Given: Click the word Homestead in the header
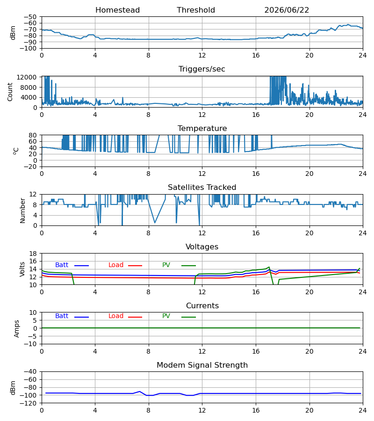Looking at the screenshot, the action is coord(117,10).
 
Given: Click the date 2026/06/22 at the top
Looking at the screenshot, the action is coord(287,10).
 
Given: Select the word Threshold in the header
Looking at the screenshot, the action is coord(196,10).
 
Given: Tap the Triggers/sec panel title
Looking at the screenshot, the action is coord(202,69).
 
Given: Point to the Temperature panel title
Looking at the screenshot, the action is coord(202,128).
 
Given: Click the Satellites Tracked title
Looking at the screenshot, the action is coord(202,188).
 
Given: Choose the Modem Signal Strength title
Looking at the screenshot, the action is coord(202,365).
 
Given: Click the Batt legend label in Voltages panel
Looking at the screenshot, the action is coord(62,265).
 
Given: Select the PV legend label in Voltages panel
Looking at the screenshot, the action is coord(166,265).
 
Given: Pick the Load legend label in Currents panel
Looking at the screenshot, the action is coord(116,316).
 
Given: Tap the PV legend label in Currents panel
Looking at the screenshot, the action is coord(166,316).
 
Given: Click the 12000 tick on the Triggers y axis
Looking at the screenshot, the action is coord(27,77).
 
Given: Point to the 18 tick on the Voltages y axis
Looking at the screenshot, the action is coord(33,254).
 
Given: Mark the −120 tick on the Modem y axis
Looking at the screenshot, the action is coord(30,403).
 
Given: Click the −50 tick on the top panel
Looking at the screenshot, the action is coord(30,17).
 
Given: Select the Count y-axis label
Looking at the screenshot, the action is coord(10,92).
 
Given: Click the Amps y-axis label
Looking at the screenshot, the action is coord(16,328).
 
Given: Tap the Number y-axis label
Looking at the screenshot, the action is coord(22,210).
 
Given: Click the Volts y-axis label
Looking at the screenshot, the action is coord(22,269).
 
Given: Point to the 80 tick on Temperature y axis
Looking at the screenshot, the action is coord(33,135).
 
